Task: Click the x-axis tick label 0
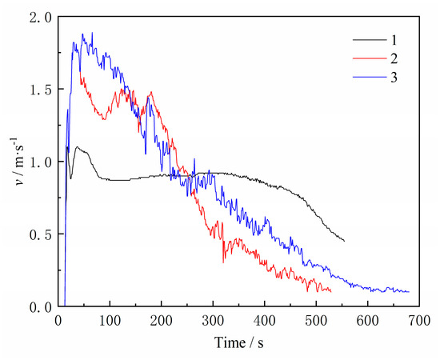tap(58, 320)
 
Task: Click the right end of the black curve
tap(344, 241)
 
